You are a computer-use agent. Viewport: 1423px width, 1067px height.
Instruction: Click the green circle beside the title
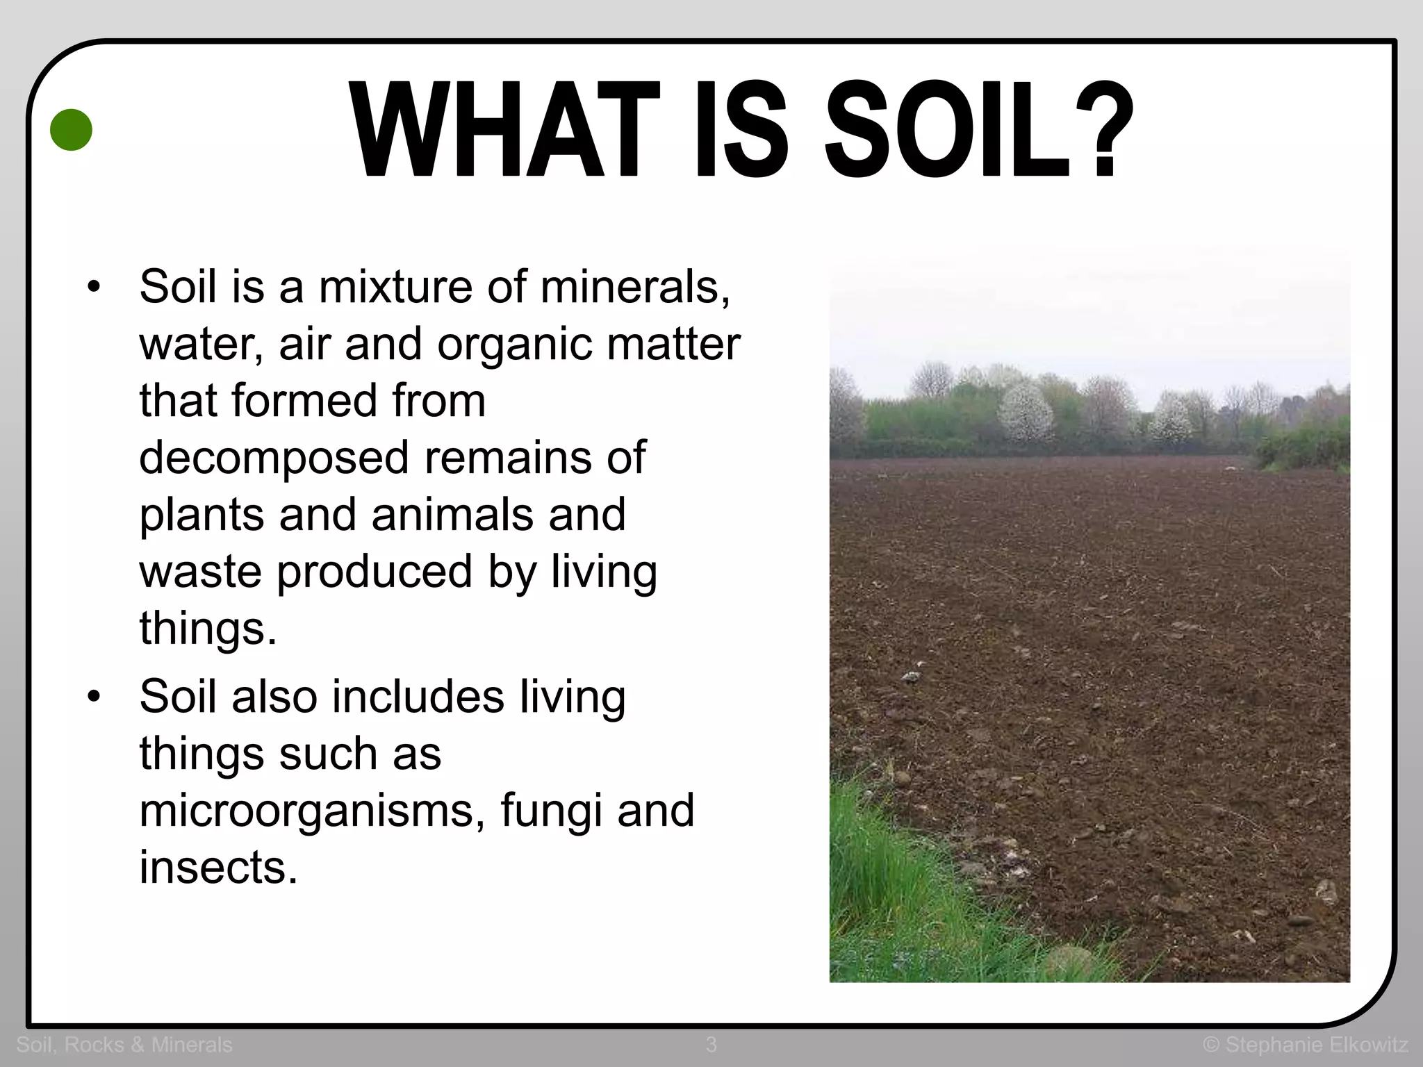[x=72, y=130]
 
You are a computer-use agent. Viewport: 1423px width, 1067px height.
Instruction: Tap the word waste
[x=201, y=571]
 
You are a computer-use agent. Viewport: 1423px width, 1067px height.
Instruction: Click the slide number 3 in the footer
[x=711, y=1044]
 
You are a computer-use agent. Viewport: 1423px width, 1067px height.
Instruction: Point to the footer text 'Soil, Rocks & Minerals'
[x=124, y=1044]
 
